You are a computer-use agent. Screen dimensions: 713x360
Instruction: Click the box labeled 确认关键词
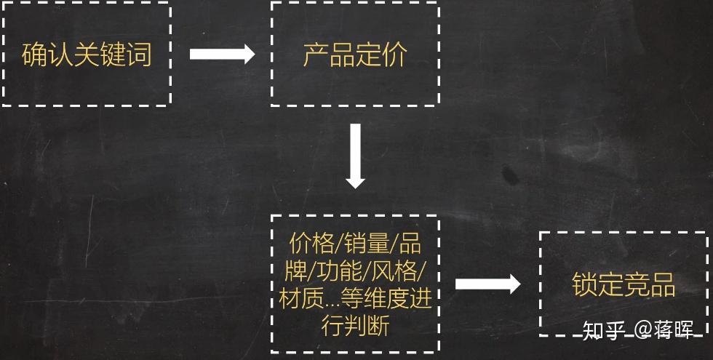(87, 55)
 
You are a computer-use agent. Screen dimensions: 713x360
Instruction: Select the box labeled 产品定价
(354, 55)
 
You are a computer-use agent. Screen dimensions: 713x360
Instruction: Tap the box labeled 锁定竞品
(624, 284)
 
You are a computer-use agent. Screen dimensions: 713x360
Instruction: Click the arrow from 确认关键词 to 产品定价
(222, 55)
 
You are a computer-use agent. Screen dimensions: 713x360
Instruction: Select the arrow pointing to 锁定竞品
(487, 284)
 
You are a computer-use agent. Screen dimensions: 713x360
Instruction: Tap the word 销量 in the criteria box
(365, 242)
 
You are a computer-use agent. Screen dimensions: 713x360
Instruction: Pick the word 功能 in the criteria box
(338, 271)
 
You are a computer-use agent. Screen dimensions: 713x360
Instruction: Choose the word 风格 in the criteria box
(394, 271)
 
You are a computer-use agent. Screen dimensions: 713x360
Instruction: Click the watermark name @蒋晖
(664, 331)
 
